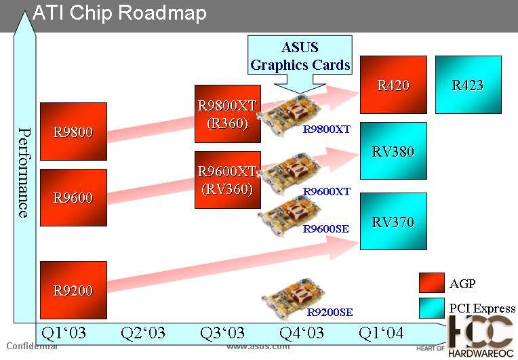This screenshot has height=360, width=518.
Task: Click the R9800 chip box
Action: click(x=73, y=132)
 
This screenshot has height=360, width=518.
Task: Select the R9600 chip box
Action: click(x=73, y=197)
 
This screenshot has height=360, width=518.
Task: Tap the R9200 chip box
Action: click(x=73, y=290)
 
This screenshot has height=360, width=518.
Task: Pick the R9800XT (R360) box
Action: click(x=228, y=114)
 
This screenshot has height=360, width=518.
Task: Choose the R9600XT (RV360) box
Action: click(x=228, y=180)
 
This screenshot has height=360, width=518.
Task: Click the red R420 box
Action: click(x=393, y=85)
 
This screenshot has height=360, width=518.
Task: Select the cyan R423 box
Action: click(x=468, y=85)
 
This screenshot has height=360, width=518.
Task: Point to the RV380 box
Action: click(x=393, y=151)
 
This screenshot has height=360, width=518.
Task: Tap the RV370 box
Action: click(x=393, y=221)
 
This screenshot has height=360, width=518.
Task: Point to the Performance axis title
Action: click(x=23, y=172)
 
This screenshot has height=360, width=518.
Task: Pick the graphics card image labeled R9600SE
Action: click(x=284, y=216)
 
